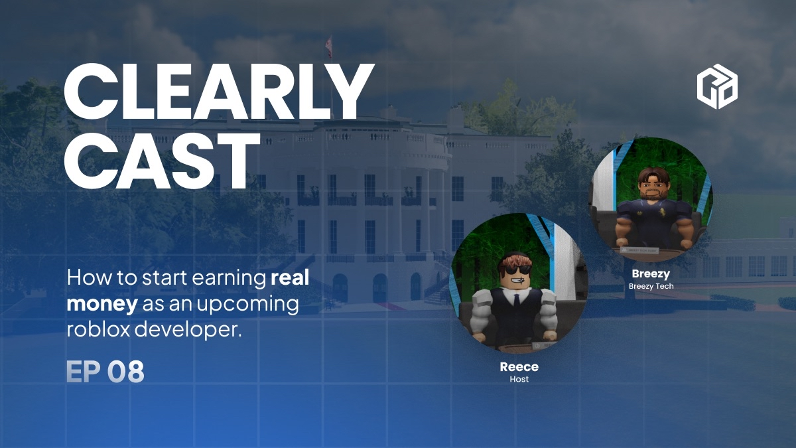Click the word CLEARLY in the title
tap(219, 92)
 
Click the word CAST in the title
tap(162, 162)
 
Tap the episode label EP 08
tap(105, 372)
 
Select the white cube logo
tap(717, 86)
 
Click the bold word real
tap(290, 277)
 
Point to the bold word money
tap(102, 304)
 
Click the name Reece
tap(519, 367)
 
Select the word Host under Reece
tap(519, 379)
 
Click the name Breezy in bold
tap(651, 273)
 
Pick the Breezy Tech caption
tap(651, 286)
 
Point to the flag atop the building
tap(330, 46)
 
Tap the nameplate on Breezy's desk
tap(639, 250)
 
